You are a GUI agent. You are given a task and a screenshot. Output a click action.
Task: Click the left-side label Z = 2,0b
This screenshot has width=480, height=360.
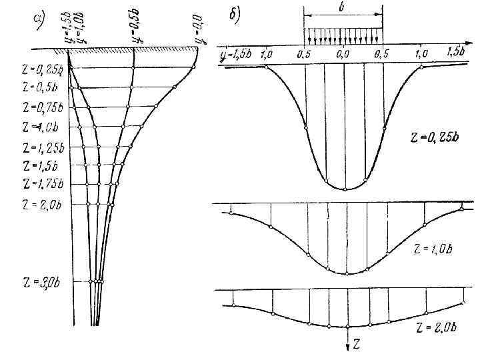(40, 204)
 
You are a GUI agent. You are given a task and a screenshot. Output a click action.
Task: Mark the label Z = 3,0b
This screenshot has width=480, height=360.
(39, 283)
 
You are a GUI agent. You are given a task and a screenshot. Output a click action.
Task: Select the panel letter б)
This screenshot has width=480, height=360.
(235, 15)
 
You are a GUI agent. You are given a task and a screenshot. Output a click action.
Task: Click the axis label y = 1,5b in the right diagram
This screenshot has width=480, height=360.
(236, 54)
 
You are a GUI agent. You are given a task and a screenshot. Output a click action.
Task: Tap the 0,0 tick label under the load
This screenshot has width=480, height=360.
(343, 53)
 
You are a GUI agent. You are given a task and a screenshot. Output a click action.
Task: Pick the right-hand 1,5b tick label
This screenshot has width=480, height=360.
(456, 53)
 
